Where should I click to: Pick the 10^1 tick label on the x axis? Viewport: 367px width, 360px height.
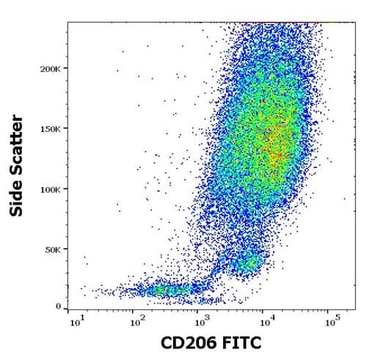[x=73, y=321]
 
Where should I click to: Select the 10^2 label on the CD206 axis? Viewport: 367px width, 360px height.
[x=136, y=321]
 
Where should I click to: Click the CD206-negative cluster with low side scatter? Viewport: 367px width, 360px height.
[x=165, y=291]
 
